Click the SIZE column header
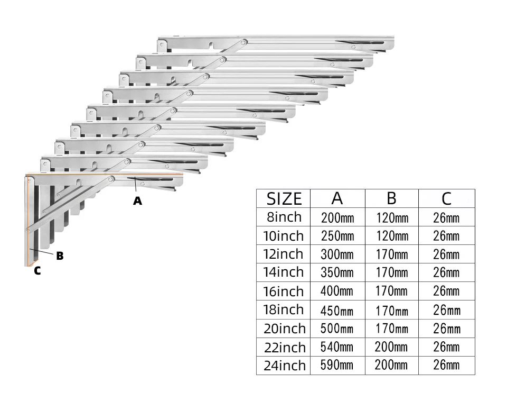[284, 199]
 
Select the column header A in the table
[337, 198]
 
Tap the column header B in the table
[391, 198]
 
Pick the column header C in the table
[446, 198]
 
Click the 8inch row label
[284, 217]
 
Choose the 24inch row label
[285, 366]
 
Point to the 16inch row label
[284, 291]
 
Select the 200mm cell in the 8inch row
[337, 217]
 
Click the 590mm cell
[337, 365]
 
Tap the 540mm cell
[337, 347]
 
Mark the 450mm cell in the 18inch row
[337, 310]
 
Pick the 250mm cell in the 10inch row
[337, 236]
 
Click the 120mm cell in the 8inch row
[392, 217]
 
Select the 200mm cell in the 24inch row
[391, 365]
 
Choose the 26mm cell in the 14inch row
[446, 273]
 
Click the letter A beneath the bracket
[137, 201]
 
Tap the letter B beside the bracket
[60, 256]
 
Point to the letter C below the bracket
[37, 271]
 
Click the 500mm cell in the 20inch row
[337, 329]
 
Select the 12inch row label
[284, 254]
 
